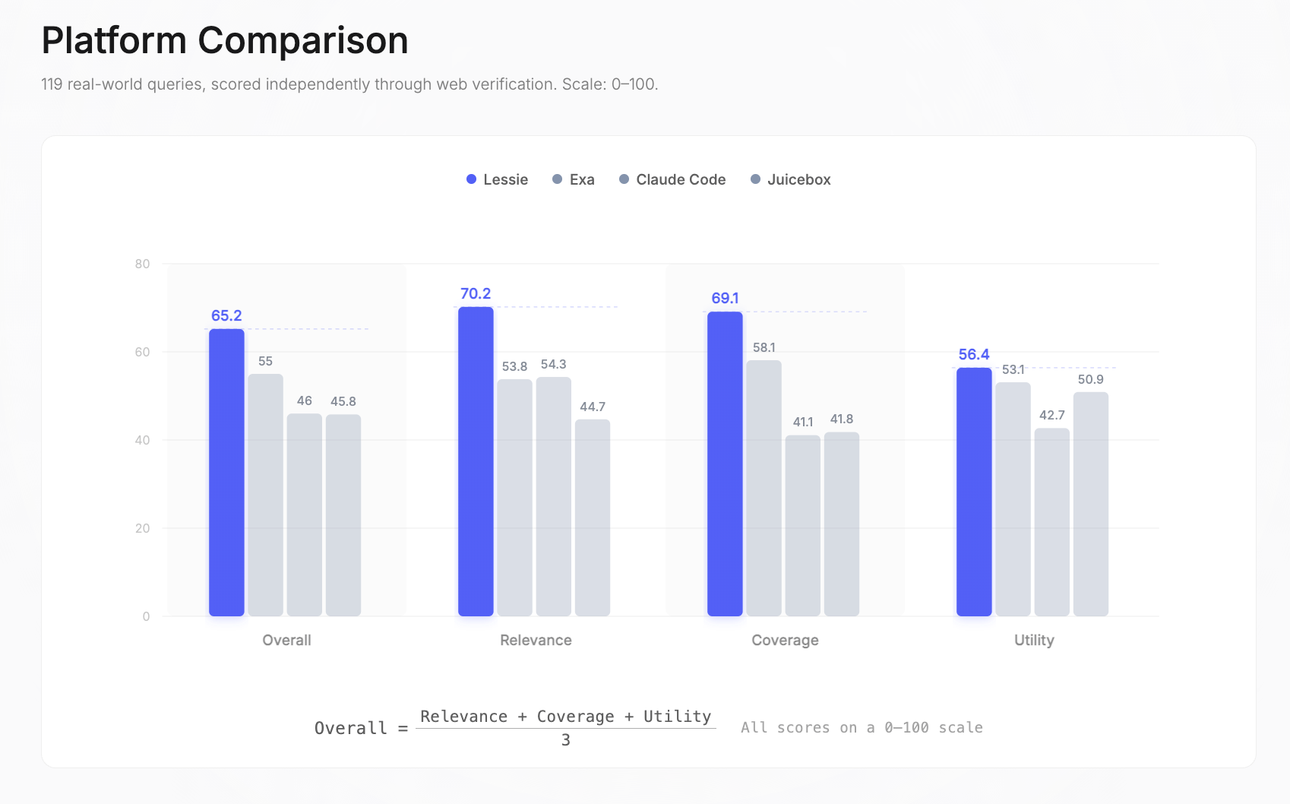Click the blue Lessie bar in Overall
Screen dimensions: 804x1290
tap(226, 473)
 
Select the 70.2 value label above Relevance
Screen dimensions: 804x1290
tap(476, 293)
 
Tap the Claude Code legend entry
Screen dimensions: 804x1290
tap(672, 179)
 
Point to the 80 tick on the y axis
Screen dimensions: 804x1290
tap(142, 264)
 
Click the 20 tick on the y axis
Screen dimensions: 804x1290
tap(142, 528)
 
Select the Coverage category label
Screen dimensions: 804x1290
tap(785, 640)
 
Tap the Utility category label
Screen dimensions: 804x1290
tap(1034, 640)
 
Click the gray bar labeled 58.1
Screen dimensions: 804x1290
tap(764, 488)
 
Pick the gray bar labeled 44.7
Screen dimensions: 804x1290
tap(593, 518)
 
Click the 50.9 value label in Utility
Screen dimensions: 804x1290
tap(1090, 379)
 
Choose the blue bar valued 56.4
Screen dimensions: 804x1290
tap(974, 492)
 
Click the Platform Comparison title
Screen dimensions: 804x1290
tap(225, 40)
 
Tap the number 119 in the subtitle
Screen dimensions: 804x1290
tap(52, 84)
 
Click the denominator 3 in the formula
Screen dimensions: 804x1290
tap(565, 740)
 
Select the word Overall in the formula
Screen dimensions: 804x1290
tap(350, 728)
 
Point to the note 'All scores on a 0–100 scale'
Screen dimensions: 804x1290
tap(862, 727)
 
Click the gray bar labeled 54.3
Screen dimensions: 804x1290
tap(553, 496)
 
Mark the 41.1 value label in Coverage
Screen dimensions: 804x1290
tap(803, 422)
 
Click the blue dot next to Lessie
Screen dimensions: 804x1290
tap(471, 179)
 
